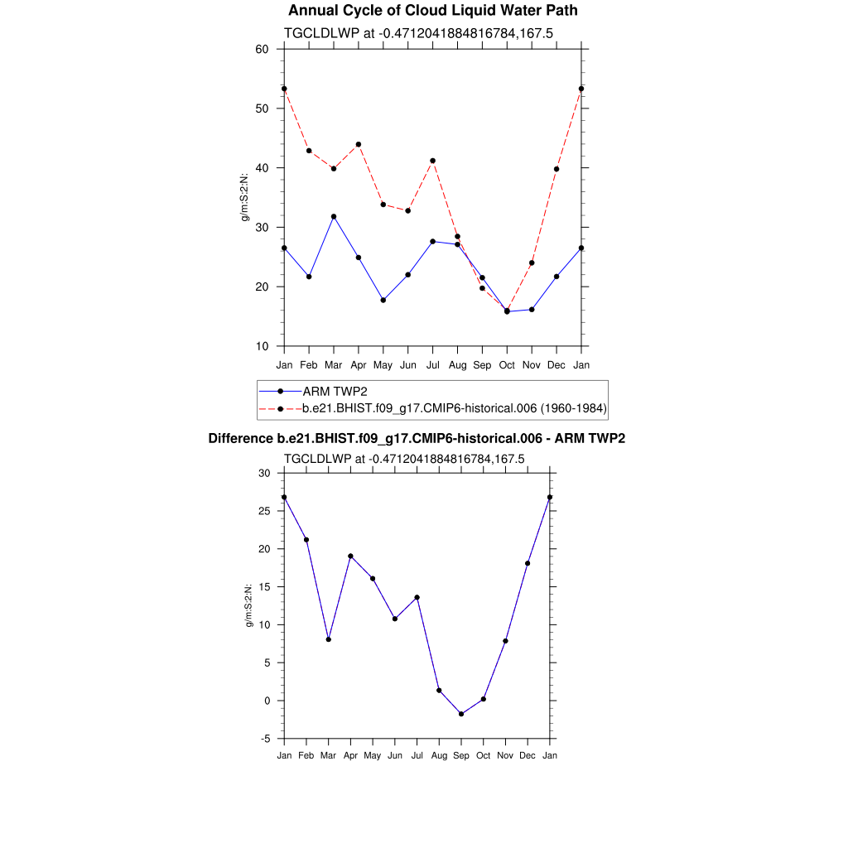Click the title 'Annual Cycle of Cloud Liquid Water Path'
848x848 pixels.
tap(432, 11)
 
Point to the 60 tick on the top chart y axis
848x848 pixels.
tap(263, 49)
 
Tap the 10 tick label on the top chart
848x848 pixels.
tap(263, 346)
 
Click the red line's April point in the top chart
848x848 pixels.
tap(359, 144)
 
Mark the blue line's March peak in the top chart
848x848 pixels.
tap(334, 216)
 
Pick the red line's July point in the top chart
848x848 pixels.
tap(432, 161)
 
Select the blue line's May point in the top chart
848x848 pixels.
tap(383, 300)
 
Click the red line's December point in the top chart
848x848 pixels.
tap(556, 169)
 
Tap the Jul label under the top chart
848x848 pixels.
tap(432, 365)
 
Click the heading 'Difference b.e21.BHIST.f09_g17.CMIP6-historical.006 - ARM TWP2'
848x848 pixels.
tap(416, 438)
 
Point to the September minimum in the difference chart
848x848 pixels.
tap(461, 714)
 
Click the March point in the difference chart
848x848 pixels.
tap(329, 639)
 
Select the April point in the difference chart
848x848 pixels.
tap(350, 556)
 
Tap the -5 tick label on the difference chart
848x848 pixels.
tap(266, 739)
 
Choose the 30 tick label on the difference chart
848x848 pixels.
tap(265, 473)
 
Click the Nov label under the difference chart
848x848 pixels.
tap(505, 755)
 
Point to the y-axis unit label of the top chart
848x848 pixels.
tap(245, 197)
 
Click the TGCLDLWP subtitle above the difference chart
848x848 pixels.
tap(404, 459)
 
